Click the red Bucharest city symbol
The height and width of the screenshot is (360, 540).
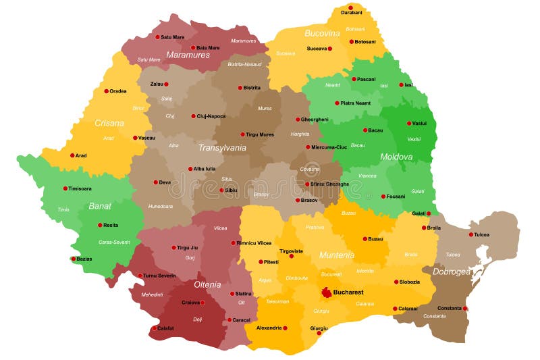point(327,292)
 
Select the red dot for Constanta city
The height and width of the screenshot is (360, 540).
point(465,309)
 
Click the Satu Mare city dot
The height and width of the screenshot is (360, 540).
point(157,37)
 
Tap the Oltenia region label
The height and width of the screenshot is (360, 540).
point(207,284)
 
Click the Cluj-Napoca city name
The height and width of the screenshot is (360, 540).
point(211,116)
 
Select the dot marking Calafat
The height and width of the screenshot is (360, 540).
point(153,328)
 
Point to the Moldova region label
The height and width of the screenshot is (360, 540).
point(396,156)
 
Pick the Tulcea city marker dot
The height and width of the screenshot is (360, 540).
point(470,236)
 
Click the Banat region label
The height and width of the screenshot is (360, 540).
point(100,206)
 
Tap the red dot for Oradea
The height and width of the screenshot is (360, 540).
point(106,91)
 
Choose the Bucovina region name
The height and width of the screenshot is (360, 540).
point(322,33)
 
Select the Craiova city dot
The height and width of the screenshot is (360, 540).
point(202,303)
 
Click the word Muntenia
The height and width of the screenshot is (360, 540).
point(336,255)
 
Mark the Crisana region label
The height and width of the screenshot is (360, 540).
point(109,123)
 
